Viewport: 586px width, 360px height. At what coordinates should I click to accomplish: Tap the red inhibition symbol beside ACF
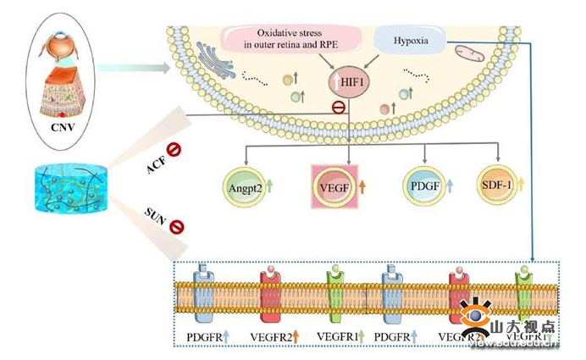(x=174, y=151)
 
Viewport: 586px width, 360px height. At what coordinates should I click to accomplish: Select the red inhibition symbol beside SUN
(x=177, y=226)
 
